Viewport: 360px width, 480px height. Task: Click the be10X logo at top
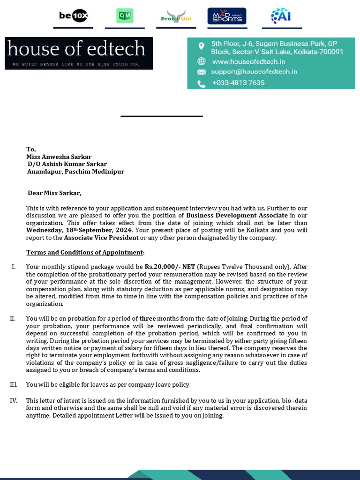pyautogui.click(x=73, y=16)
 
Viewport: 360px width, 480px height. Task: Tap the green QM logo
pyautogui.click(x=125, y=16)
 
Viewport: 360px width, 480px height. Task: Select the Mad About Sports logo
pyautogui.click(x=227, y=16)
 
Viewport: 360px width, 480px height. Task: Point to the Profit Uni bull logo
pyautogui.click(x=176, y=16)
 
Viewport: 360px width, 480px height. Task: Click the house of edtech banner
pyautogui.click(x=79, y=53)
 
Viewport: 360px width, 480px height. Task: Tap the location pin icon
pyautogui.click(x=201, y=46)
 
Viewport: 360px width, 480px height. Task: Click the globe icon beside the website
pyautogui.click(x=201, y=61)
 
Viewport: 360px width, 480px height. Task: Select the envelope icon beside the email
pyautogui.click(x=201, y=72)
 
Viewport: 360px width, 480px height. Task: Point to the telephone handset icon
pyautogui.click(x=201, y=83)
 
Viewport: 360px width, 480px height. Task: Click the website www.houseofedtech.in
pyautogui.click(x=248, y=61)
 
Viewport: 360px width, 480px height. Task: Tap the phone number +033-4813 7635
pyautogui.click(x=238, y=83)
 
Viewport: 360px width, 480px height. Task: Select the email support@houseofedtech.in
pyautogui.click(x=254, y=72)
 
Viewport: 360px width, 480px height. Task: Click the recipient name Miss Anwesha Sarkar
pyautogui.click(x=59, y=157)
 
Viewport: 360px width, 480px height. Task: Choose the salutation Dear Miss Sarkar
pyautogui.click(x=54, y=193)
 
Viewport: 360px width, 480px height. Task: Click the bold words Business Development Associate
pyautogui.click(x=237, y=215)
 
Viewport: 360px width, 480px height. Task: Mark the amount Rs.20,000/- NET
pyautogui.click(x=170, y=266)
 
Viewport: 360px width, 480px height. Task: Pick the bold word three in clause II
pyautogui.click(x=148, y=318)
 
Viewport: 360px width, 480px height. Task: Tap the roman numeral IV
pyautogui.click(x=14, y=400)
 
